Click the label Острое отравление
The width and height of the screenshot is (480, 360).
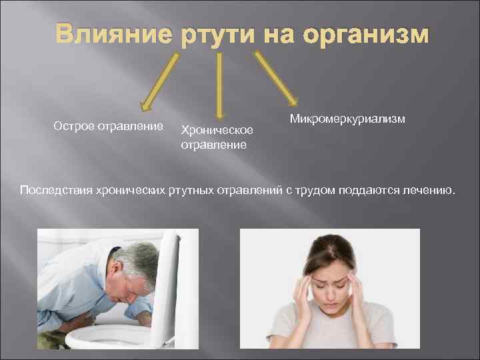tap(108, 126)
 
